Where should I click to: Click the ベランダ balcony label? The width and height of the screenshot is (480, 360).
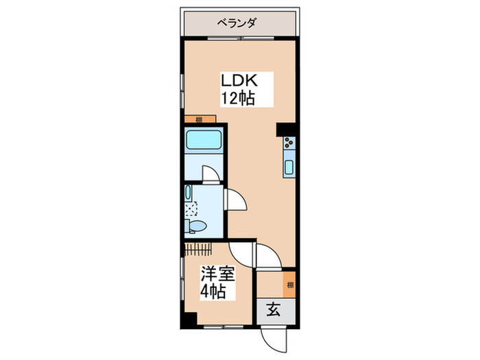237,23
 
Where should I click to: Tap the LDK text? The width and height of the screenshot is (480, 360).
237,80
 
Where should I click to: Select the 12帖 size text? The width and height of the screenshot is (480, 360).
237,98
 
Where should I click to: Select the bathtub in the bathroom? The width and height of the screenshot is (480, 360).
204,141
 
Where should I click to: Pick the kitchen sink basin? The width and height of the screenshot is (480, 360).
289,167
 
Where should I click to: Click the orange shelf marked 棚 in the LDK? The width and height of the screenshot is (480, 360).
198,119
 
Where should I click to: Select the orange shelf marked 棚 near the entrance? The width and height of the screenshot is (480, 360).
290,285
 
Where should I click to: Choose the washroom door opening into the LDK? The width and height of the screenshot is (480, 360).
237,200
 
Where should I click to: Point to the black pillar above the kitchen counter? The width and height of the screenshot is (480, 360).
285,129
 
